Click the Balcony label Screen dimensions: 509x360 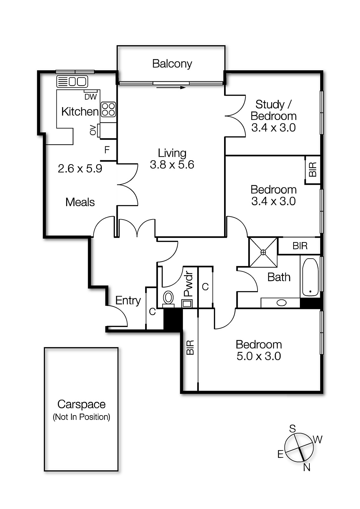click(172, 64)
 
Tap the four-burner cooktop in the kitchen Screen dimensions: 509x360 click(108, 109)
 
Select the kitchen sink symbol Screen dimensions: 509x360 click(72, 81)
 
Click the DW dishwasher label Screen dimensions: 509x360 click(90, 97)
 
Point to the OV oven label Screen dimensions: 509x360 click(93, 130)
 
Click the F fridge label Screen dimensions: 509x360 click(107, 150)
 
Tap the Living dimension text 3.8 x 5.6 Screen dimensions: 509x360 click(172, 165)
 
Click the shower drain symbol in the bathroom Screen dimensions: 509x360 click(263, 252)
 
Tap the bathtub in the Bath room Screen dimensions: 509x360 click(310, 277)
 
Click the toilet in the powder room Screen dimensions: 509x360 click(168, 298)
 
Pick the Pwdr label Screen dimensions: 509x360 click(188, 284)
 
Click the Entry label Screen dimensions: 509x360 click(128, 300)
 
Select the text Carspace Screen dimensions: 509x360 click(81, 404)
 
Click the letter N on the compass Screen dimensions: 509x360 click(307, 467)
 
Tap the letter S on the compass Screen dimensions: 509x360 click(292, 429)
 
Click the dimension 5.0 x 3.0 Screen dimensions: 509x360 click(258, 356)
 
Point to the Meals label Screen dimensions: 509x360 click(80, 202)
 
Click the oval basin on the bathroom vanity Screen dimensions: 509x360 click(281, 303)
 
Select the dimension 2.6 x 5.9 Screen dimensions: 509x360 click(80, 169)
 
